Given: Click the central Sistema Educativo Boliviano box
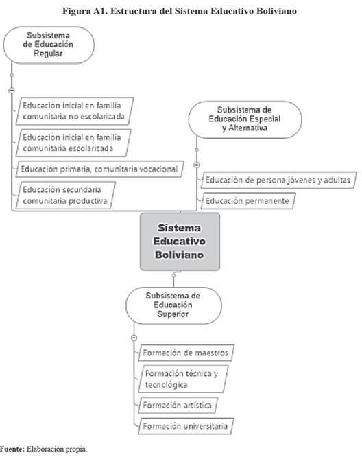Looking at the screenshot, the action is click(180, 242).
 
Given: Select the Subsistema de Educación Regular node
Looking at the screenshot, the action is click(49, 45).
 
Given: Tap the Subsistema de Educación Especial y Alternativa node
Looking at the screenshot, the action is click(245, 119).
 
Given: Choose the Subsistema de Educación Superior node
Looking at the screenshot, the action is click(173, 305).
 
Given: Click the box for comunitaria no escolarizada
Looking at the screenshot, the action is click(75, 111).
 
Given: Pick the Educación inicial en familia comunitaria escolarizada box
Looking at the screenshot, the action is click(73, 143).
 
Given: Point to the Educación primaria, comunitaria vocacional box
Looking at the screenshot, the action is click(100, 169).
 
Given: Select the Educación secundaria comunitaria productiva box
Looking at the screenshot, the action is click(66, 196).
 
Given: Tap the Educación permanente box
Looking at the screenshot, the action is click(248, 201).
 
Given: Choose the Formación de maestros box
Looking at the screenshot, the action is click(186, 353).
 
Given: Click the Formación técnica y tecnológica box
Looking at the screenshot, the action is click(183, 379).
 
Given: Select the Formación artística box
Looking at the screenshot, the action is click(178, 405).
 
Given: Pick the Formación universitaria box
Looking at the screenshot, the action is click(186, 426).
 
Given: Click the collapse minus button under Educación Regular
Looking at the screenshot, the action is click(12, 91).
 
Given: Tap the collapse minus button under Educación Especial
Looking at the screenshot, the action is click(197, 165).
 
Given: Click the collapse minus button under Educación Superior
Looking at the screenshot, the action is click(134, 338).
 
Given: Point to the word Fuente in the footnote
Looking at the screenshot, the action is click(12, 449).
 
